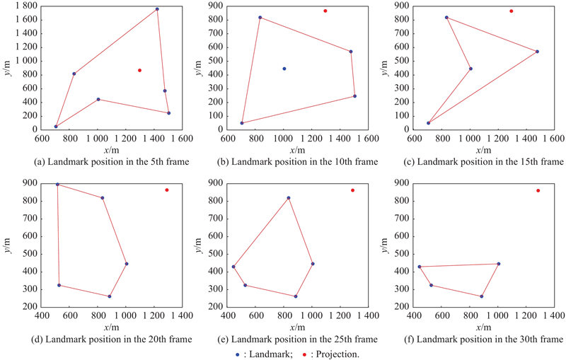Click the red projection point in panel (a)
pos(139,70)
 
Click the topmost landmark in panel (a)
pos(157,9)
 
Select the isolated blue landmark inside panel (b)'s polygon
pos(284,69)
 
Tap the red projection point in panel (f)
pos(538,190)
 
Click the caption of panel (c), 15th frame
pos(490,162)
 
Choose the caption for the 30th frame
pos(490,339)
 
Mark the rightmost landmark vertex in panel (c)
pos(537,51)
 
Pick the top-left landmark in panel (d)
pos(57,185)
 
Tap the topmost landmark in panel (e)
pos(289,198)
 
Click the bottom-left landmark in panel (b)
pos(242,123)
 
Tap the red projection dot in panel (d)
pos(167,190)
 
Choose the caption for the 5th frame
pos(112,162)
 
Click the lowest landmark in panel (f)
pos(482,296)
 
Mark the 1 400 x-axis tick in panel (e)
pos(367,316)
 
